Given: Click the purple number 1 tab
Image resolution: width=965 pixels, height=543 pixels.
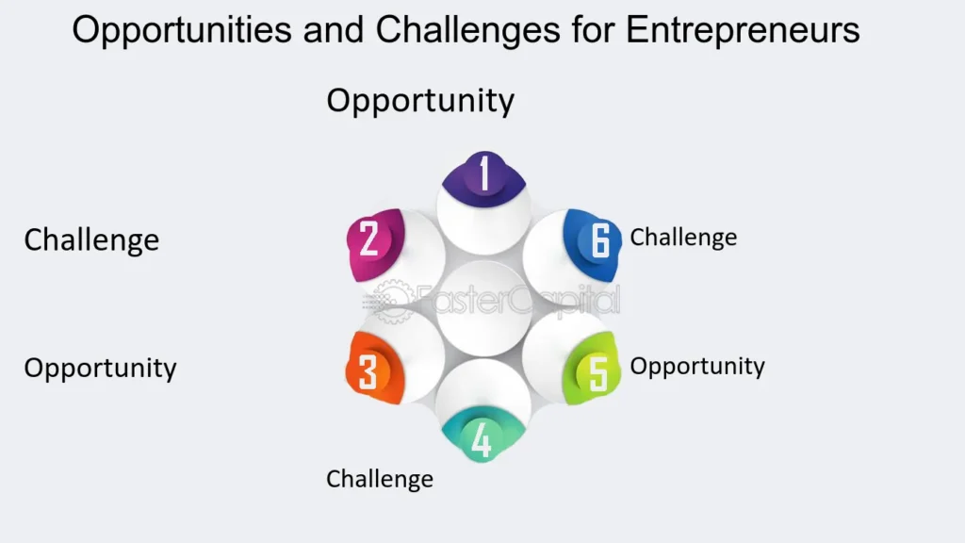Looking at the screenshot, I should (484, 174).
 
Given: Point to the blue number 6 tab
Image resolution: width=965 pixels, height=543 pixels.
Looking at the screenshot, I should (597, 239).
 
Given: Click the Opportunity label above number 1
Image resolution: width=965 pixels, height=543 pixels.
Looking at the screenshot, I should (420, 100).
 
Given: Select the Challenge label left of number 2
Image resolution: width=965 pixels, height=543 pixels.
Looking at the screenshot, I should (91, 239).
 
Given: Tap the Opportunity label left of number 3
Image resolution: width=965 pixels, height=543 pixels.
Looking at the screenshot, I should (100, 368).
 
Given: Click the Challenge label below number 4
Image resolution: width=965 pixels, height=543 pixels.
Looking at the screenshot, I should (380, 479).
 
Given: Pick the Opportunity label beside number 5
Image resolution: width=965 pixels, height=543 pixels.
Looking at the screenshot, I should (697, 366).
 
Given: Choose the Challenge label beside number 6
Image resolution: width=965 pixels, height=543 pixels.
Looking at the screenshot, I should (683, 237).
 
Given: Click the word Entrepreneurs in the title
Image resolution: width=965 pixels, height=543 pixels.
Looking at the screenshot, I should (744, 30).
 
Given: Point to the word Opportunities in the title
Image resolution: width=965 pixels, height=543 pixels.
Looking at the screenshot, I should (184, 30).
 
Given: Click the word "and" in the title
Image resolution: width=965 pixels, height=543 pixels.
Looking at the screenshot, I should (333, 30).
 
